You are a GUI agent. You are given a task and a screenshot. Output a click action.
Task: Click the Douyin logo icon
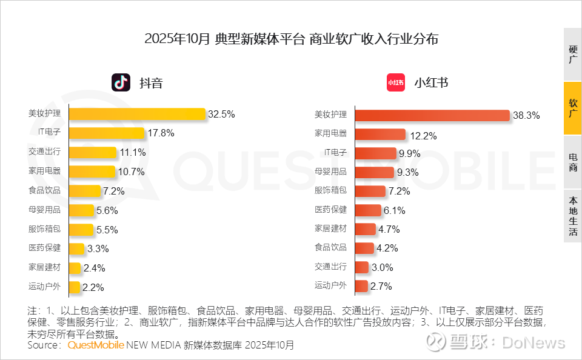(x=121, y=82)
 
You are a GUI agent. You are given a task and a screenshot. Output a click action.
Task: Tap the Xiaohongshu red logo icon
(x=396, y=82)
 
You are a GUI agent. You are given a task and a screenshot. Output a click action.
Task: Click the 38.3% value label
(x=526, y=116)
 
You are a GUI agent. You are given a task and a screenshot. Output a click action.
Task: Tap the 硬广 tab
(x=572, y=55)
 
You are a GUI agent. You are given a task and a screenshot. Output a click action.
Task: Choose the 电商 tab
(x=572, y=162)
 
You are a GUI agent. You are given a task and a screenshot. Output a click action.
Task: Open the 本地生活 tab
(x=572, y=216)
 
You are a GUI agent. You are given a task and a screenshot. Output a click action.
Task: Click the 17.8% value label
(x=161, y=133)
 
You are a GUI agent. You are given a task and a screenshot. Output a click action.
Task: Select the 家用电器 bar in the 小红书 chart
(x=380, y=135)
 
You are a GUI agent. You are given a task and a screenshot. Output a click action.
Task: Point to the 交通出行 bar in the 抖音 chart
(x=93, y=152)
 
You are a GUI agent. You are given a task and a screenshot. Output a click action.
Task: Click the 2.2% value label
(x=93, y=287)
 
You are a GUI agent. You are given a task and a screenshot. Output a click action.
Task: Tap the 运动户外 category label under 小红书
(x=330, y=285)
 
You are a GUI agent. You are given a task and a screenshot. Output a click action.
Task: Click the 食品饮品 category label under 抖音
(x=44, y=190)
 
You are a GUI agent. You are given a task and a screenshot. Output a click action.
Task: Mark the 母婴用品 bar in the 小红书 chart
(x=374, y=172)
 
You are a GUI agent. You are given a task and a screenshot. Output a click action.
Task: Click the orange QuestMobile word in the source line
(x=96, y=345)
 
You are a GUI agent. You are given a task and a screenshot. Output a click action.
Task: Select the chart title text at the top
(x=291, y=39)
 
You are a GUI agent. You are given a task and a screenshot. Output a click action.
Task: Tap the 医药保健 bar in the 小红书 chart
(x=368, y=210)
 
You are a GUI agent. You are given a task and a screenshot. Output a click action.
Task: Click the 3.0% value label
(x=382, y=267)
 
